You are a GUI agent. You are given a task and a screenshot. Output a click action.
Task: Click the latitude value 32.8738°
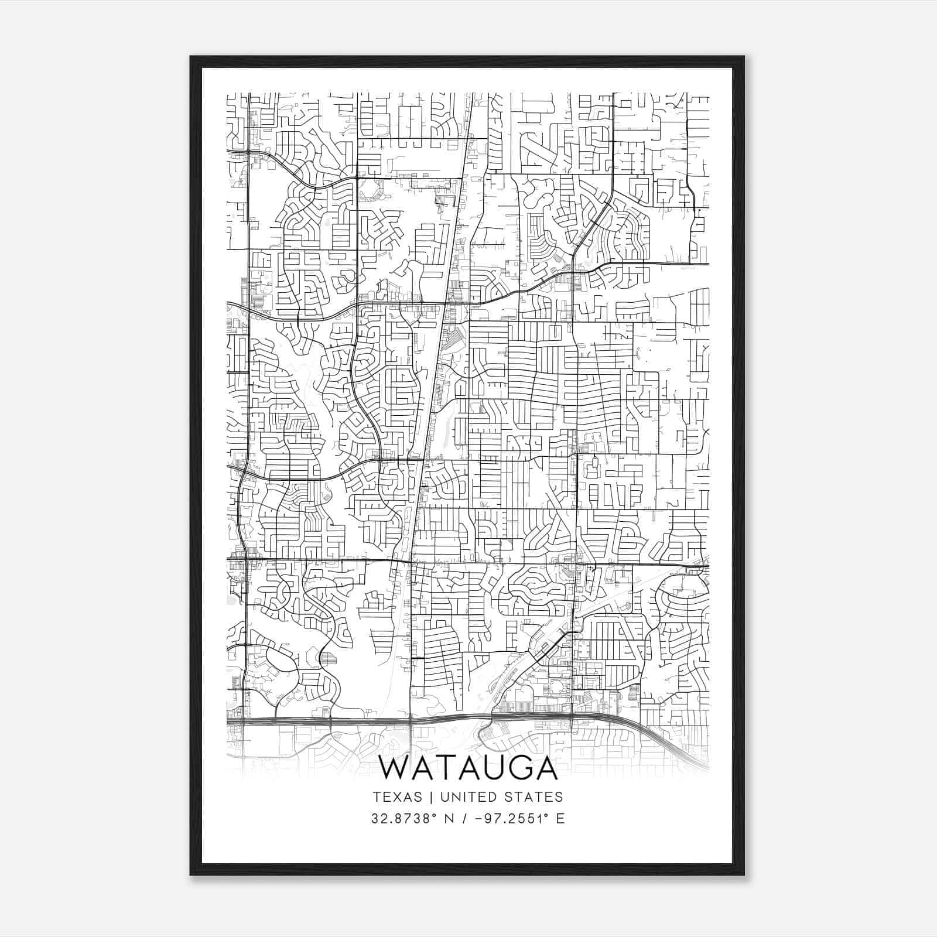[x=405, y=818]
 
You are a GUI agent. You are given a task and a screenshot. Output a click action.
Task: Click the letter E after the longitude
[x=560, y=818]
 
